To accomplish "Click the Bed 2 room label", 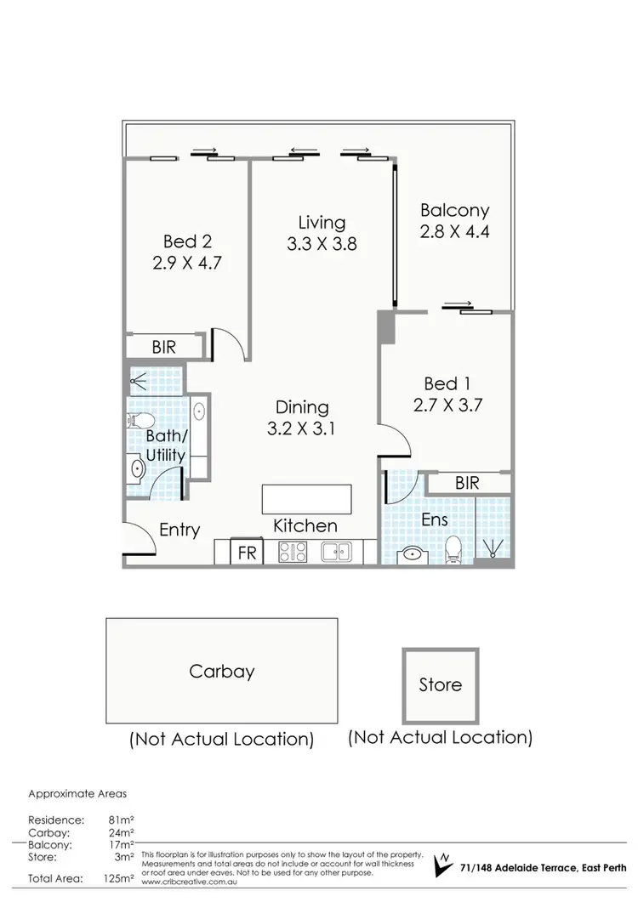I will click(x=186, y=241).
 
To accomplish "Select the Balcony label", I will click(x=454, y=211).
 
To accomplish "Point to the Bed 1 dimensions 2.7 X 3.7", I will click(x=447, y=405).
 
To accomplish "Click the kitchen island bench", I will click(x=305, y=496).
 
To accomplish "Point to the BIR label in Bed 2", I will click(x=164, y=347).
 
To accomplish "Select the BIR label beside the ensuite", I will click(x=467, y=483).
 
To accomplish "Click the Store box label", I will click(x=441, y=684).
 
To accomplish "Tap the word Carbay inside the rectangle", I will click(x=221, y=671).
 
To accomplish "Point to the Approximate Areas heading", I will click(x=77, y=794).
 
